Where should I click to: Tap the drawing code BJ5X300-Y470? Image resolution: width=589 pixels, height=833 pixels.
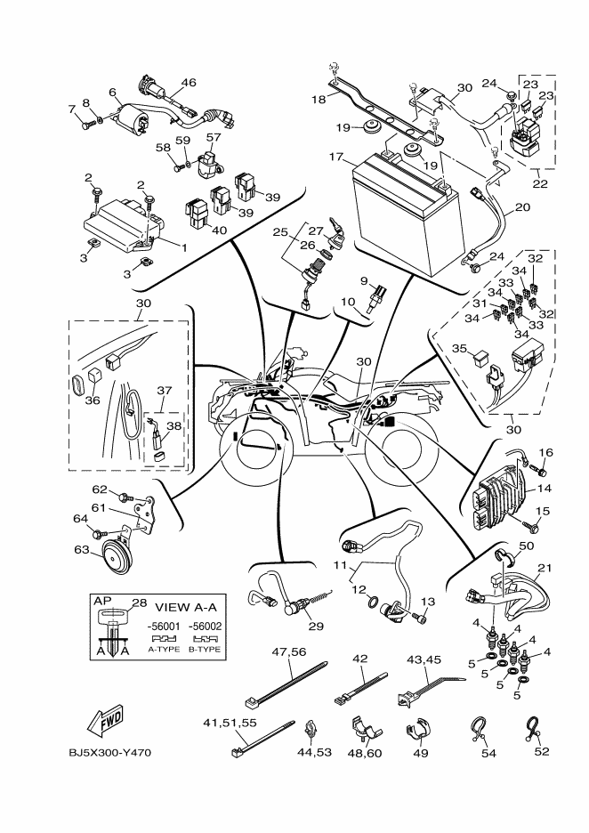point(109,753)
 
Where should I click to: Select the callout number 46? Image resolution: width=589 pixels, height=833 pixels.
point(188,83)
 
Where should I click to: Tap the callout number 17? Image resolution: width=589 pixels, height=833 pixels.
point(335,158)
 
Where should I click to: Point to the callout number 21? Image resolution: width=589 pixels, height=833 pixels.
point(545,568)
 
